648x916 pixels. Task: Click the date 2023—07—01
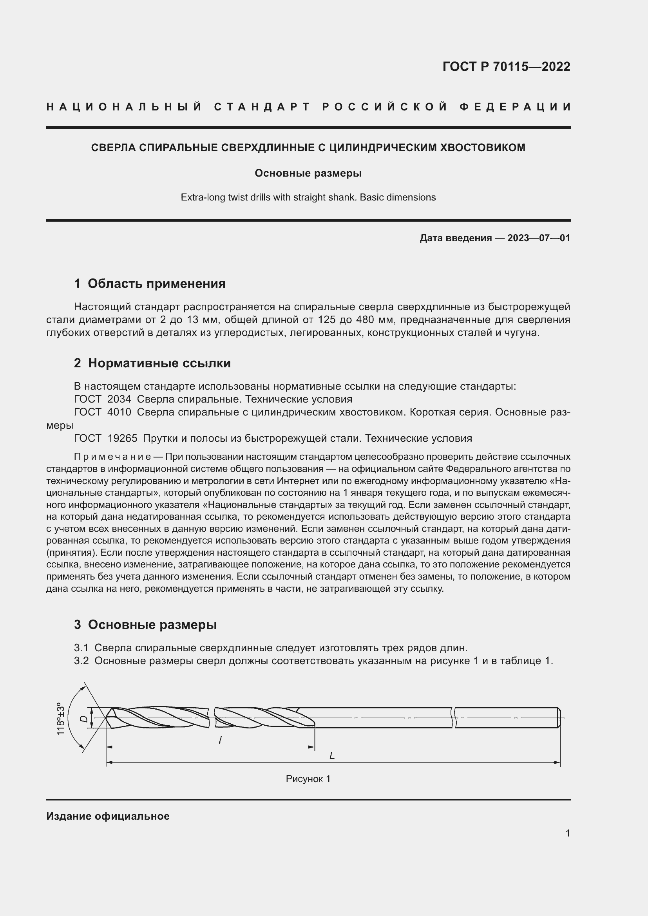pos(538,238)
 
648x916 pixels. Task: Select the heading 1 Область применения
pos(150,284)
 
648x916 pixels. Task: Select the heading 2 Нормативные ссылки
pos(152,363)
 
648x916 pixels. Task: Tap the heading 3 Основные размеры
pos(145,625)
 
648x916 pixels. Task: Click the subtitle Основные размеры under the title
pos(308,173)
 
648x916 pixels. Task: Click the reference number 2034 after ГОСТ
pos(119,399)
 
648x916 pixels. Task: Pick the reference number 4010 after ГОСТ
pos(119,412)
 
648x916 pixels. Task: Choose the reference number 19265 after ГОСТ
pos(122,439)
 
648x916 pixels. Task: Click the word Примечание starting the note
pos(112,456)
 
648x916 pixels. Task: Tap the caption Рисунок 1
pos(308,779)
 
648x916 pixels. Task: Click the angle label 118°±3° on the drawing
pos(60,719)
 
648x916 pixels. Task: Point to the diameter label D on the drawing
pos(83,719)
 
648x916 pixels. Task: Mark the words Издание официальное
pos(108,816)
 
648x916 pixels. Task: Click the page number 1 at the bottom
pos(567,833)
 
